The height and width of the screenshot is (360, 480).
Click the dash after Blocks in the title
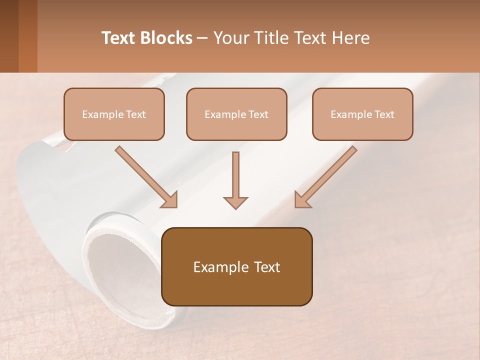202,38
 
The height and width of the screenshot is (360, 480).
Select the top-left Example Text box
114,114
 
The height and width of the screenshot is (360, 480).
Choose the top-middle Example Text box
236,114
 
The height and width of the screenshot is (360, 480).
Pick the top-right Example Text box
362,114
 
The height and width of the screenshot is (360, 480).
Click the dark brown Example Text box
236,266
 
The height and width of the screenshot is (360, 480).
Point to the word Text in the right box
384,114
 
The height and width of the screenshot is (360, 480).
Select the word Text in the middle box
258,114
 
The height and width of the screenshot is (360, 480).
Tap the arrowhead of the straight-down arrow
235,202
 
